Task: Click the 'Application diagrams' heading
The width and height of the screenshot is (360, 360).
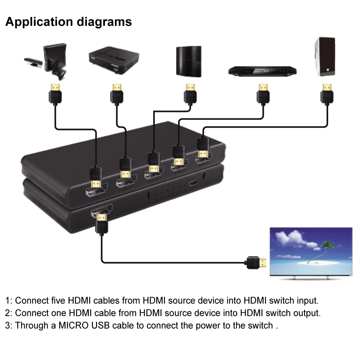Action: [x=69, y=22]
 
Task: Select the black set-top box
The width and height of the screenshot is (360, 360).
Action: [x=114, y=60]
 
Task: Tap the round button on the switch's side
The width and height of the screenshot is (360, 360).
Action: [x=205, y=176]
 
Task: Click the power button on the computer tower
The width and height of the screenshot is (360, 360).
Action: [x=328, y=70]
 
